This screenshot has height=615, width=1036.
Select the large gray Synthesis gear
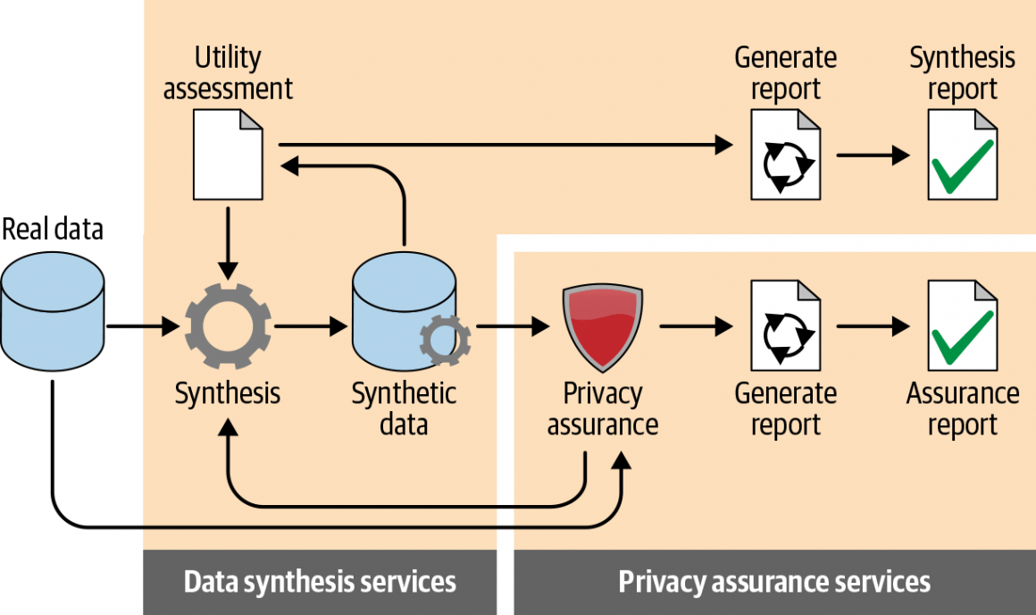click(x=228, y=327)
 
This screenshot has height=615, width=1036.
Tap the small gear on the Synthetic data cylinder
click(x=444, y=341)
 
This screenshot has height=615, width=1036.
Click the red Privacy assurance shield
click(x=603, y=327)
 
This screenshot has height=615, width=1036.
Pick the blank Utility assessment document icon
click(x=229, y=154)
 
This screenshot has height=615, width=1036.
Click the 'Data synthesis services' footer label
click(x=320, y=583)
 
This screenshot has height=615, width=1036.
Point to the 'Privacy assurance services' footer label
click(x=774, y=583)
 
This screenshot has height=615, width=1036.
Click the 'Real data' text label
click(x=52, y=230)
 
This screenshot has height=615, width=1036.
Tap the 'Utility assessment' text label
click(x=228, y=73)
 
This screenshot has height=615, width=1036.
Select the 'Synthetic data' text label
click(x=404, y=408)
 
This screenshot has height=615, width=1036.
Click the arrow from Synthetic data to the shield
click(x=513, y=327)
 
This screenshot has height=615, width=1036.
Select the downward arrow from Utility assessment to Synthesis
click(x=229, y=242)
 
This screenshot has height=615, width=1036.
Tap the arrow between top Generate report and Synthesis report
click(x=873, y=156)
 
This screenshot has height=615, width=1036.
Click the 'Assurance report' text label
click(x=963, y=408)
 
